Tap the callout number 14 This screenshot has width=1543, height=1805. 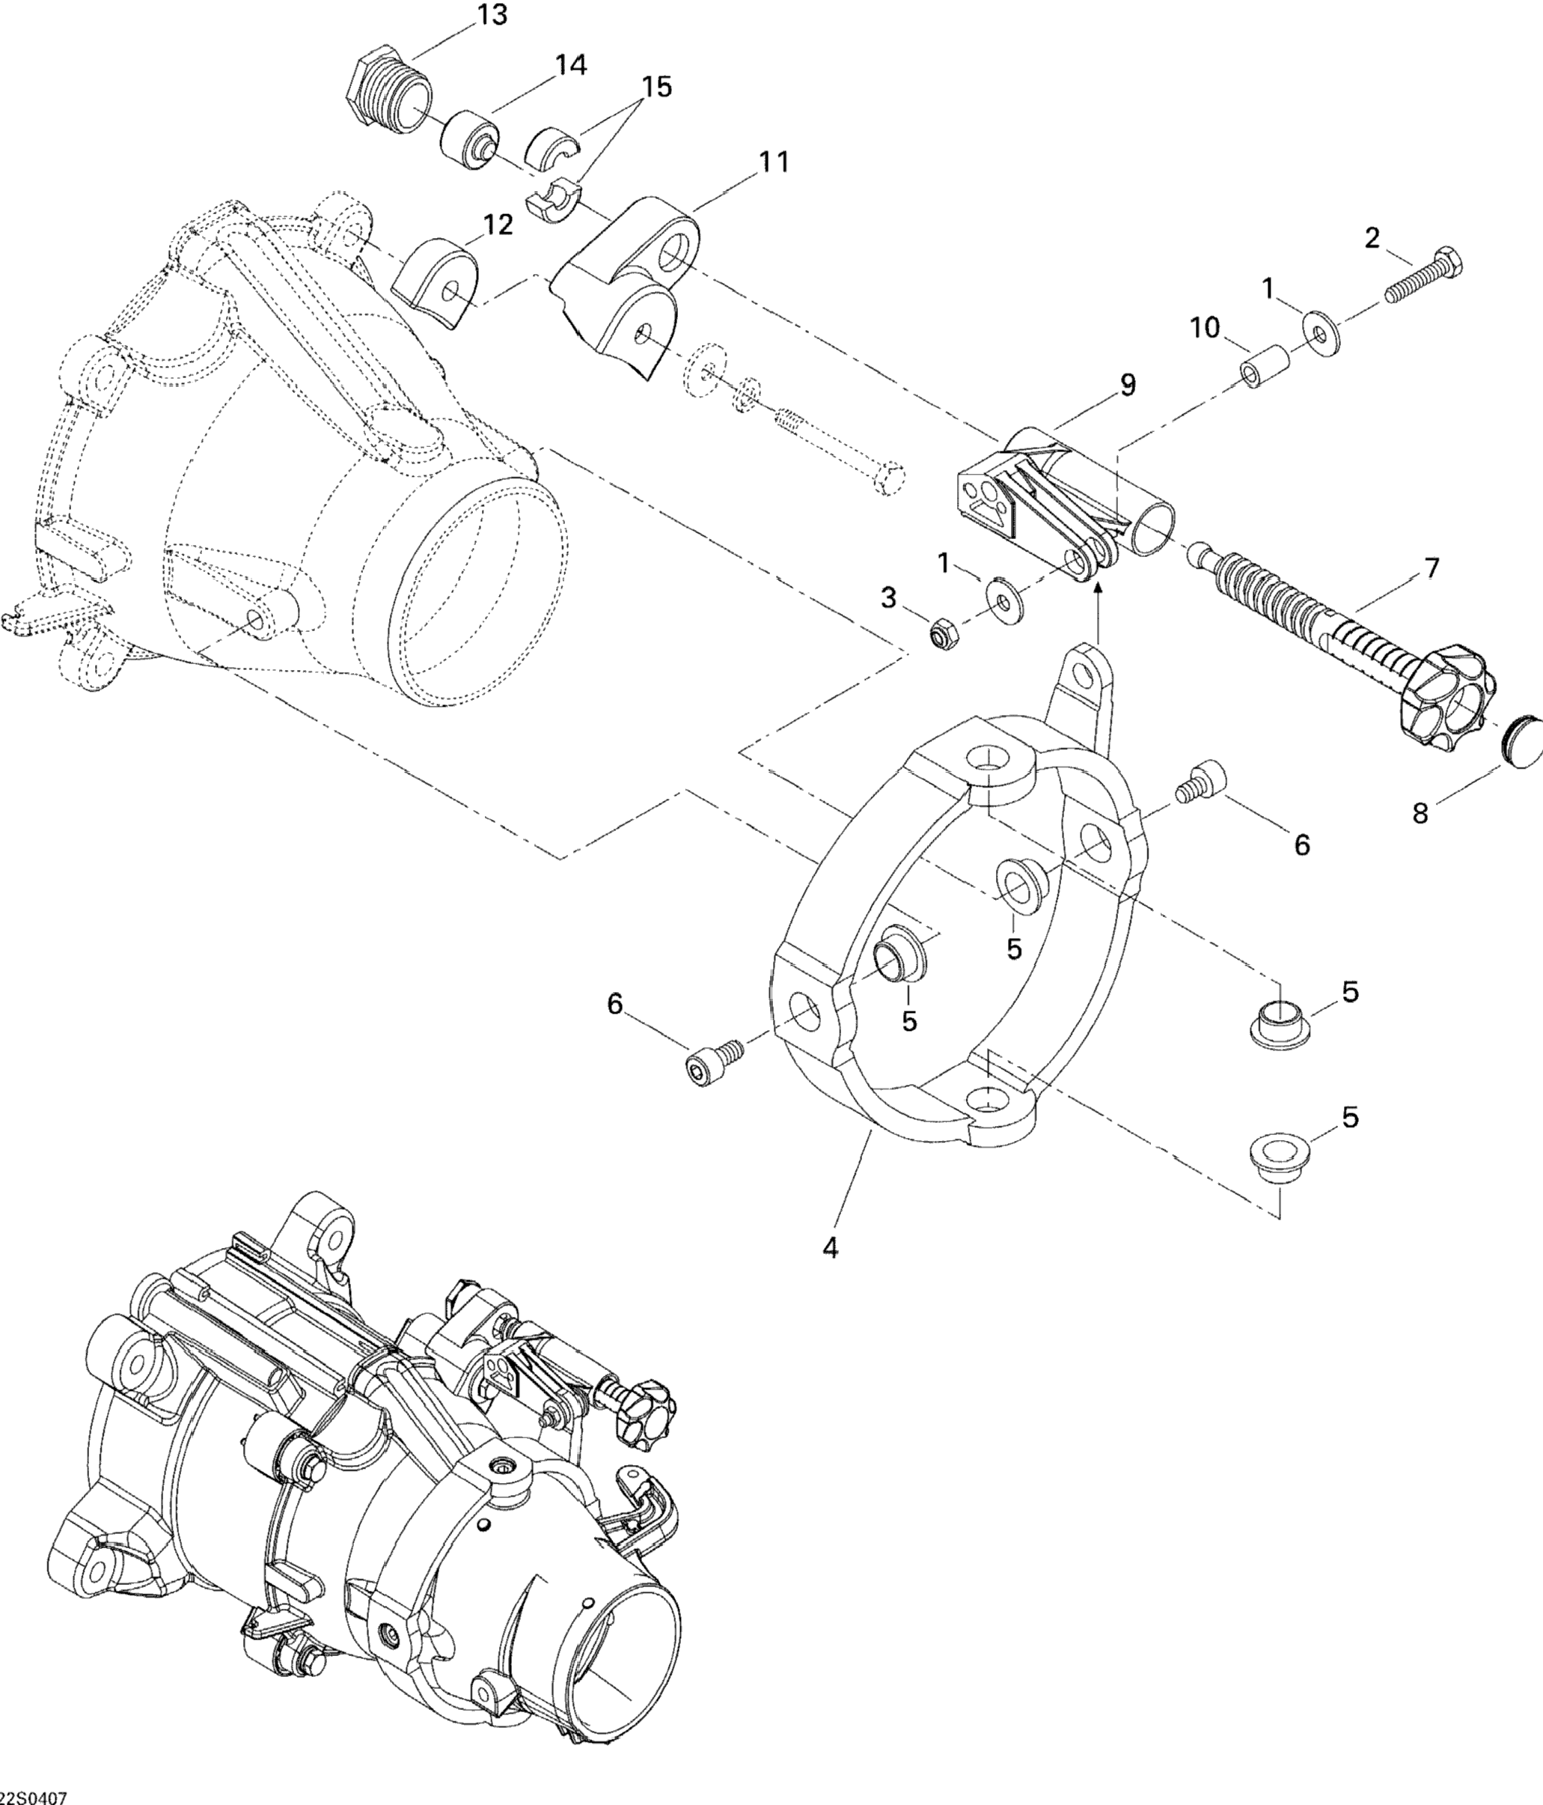(x=570, y=65)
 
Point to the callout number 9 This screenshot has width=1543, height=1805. (x=1128, y=384)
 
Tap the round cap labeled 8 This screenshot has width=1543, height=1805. (x=1523, y=740)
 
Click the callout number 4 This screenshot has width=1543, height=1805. (x=831, y=1247)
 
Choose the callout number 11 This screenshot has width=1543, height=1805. (x=772, y=162)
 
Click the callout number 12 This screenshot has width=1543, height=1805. (x=498, y=225)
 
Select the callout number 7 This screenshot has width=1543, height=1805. (x=1431, y=568)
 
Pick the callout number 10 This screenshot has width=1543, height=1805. (x=1206, y=329)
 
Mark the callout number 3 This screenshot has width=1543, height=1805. (x=887, y=597)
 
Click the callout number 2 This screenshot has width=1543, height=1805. (x=1372, y=237)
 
